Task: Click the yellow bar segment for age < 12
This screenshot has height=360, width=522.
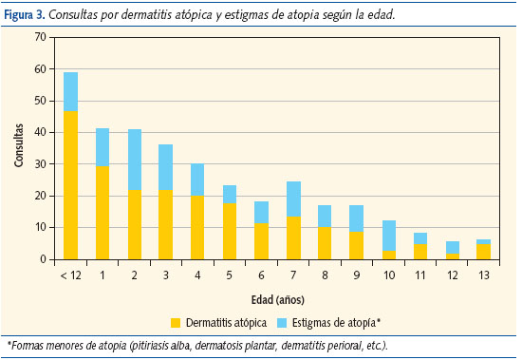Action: (70, 185)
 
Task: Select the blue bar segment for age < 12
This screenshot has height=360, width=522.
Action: (70, 91)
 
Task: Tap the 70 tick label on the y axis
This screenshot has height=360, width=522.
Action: (39, 37)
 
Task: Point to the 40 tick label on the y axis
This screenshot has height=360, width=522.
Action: (39, 132)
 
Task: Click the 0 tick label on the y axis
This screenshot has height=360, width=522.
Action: (42, 259)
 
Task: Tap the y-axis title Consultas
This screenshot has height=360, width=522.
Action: (18, 147)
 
